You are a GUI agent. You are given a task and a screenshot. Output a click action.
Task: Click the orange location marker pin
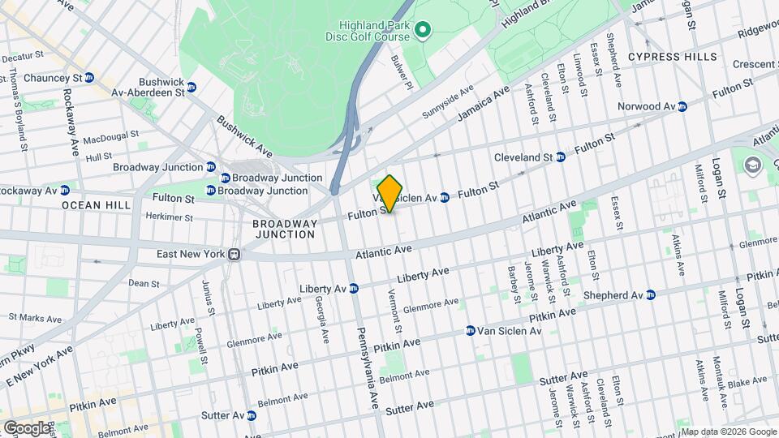389,193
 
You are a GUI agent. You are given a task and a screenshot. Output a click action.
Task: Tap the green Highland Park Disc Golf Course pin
422,32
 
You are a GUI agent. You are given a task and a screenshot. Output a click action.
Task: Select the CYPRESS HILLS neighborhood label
673,57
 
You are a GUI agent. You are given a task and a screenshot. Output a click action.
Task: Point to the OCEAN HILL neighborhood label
97,205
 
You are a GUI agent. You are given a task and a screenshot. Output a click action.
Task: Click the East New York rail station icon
234,254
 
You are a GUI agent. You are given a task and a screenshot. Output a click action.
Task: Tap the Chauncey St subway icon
89,77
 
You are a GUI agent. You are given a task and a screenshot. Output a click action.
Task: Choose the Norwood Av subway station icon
682,106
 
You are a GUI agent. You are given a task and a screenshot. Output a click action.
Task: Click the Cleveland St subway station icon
560,157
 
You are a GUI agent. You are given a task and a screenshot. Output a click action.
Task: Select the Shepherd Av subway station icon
651,295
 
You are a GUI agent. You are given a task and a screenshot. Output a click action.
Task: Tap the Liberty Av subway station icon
354,288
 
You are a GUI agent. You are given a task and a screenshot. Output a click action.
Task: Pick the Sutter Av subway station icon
252,415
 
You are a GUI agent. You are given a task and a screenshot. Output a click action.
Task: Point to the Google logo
26,427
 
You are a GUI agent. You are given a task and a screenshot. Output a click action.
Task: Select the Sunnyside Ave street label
447,104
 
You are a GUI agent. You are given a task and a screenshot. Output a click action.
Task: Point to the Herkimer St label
168,217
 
